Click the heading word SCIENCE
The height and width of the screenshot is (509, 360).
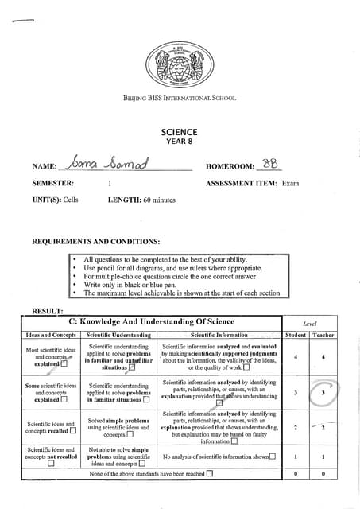click(x=180, y=132)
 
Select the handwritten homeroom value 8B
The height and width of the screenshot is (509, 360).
click(x=274, y=163)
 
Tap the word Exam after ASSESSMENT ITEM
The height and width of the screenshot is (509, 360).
click(x=290, y=183)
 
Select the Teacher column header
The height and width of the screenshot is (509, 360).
click(x=323, y=336)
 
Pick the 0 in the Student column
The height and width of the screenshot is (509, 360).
click(x=296, y=474)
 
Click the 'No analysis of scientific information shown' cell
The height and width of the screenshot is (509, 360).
click(x=219, y=457)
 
